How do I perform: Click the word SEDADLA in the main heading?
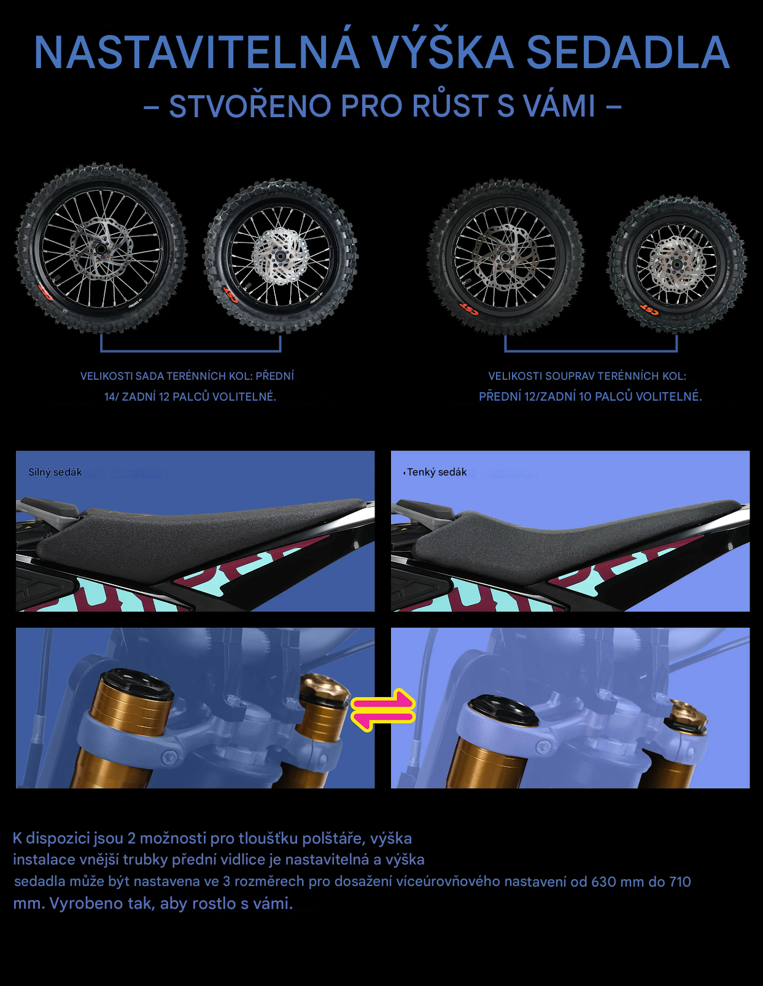point(628,53)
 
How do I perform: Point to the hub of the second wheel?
point(279,257)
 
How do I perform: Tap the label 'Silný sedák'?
point(55,472)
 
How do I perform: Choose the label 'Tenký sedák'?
point(436,472)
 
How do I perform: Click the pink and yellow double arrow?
point(383,710)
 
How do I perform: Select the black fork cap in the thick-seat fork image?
point(137,682)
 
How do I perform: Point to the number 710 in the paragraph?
point(680,882)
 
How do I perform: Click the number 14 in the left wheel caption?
point(110,396)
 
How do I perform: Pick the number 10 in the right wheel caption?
point(585,396)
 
